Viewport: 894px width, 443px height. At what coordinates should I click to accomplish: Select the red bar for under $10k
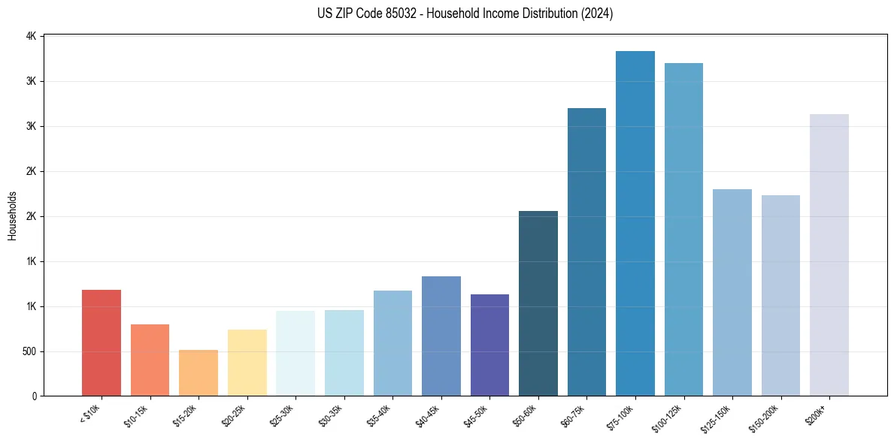point(102,343)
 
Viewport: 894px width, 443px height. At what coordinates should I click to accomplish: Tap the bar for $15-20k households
point(198,373)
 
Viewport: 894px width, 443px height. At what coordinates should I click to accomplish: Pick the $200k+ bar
point(829,255)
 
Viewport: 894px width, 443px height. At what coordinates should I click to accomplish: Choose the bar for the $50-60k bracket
point(538,303)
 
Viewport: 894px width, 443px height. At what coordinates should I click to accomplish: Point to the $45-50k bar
point(489,345)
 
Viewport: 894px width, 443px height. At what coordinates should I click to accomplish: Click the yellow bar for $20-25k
point(247,363)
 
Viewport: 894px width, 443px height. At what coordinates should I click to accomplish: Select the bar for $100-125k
point(683,230)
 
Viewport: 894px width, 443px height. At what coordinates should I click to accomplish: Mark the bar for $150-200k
point(780,296)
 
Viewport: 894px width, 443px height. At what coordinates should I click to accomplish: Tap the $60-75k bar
point(586,252)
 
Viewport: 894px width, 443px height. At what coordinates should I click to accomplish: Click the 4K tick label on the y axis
point(31,36)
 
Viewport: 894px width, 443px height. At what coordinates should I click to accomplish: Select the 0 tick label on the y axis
point(34,396)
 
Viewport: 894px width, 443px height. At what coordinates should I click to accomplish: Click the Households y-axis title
point(13,216)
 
